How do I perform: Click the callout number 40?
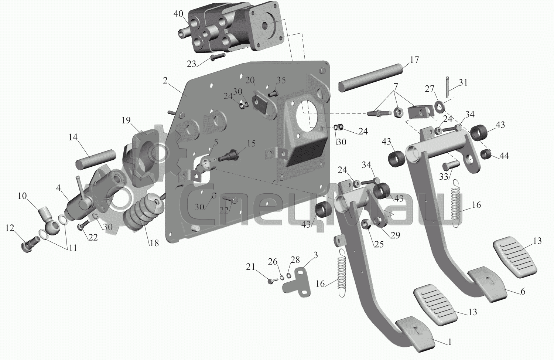(178, 14)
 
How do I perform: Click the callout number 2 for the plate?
(165, 81)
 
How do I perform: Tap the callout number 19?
(126, 120)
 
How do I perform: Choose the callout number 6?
(523, 292)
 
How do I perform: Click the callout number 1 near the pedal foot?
(449, 342)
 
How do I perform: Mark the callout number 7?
(396, 86)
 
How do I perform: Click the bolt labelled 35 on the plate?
(273, 94)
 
